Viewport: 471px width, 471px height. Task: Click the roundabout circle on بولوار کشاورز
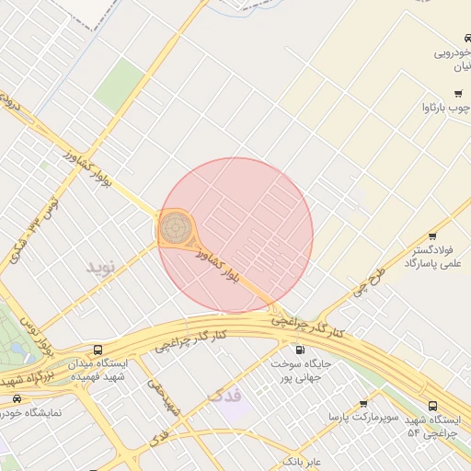(x=176, y=225)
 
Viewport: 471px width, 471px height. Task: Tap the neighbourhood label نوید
(x=104, y=267)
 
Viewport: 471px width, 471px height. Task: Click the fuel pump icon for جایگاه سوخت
(x=300, y=350)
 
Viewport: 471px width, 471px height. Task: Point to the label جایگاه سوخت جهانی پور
(x=300, y=370)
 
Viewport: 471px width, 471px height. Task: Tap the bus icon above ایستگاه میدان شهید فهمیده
(x=98, y=350)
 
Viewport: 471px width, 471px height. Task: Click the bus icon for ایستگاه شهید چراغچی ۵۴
(x=433, y=406)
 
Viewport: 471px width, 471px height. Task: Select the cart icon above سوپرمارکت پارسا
(x=363, y=403)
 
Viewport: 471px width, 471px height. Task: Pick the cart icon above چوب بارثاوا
(x=457, y=94)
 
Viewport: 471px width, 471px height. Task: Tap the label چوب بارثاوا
(x=445, y=108)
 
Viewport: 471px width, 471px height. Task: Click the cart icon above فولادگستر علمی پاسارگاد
(x=432, y=236)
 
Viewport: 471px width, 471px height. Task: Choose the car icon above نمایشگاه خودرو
(x=17, y=399)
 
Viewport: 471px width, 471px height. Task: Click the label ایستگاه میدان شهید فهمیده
(x=98, y=370)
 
